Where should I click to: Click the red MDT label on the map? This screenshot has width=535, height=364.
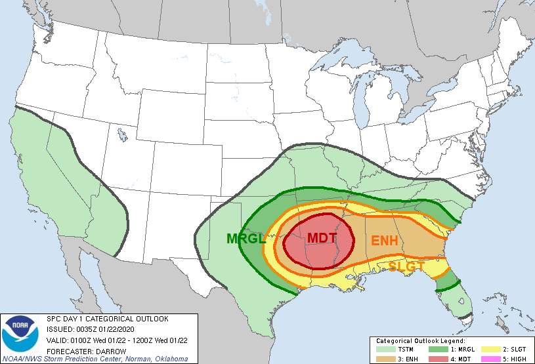click(x=322, y=237)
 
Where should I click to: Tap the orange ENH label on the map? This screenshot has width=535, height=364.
click(x=385, y=241)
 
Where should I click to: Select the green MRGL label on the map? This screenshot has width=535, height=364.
click(x=246, y=239)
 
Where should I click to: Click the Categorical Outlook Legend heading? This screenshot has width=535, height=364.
click(x=420, y=341)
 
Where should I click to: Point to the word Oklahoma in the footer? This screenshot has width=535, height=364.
click(x=169, y=359)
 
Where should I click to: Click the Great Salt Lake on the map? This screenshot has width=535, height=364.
click(x=122, y=135)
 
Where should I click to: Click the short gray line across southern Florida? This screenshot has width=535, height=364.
click(x=464, y=317)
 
